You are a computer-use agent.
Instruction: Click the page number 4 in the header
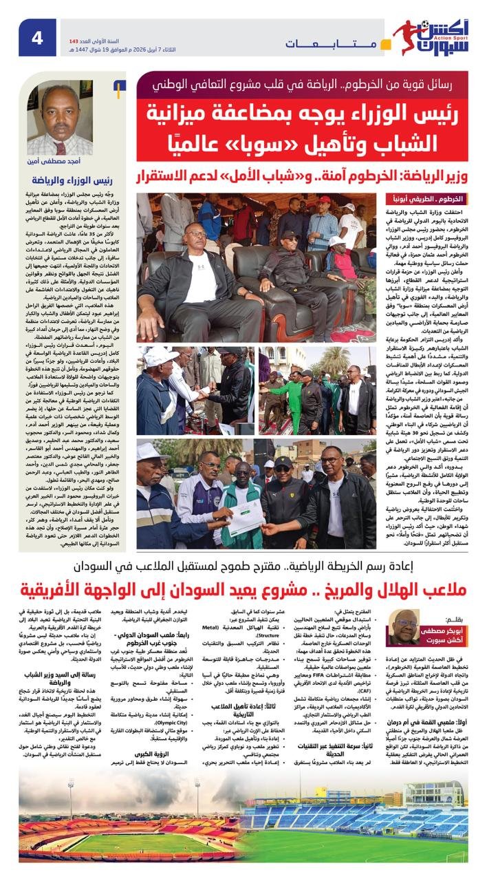tap(37, 37)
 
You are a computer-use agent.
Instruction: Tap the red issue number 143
tap(70, 22)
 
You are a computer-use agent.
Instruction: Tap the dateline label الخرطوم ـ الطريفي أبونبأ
tap(422, 198)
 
